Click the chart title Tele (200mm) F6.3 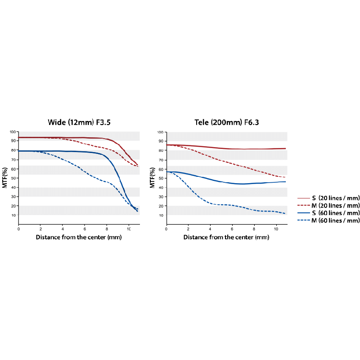pos(226,122)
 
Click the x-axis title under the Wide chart pos(79,237)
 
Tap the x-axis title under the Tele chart pos(227,237)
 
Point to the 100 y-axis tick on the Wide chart pos(12,132)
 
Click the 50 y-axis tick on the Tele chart pos(161,178)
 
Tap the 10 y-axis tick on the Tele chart pos(161,215)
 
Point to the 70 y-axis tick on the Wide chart pos(13,160)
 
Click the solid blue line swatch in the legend pos(304,212)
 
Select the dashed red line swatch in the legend pos(304,205)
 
